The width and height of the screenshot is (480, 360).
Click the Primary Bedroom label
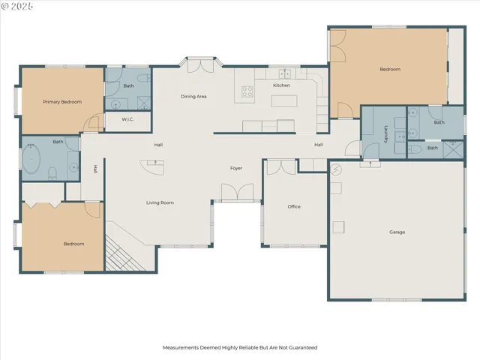[61, 101]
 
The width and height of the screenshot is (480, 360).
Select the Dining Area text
[193, 97]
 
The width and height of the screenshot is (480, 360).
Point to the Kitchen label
[281, 85]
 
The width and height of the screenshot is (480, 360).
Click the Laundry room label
[385, 135]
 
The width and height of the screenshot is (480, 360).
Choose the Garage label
[397, 232]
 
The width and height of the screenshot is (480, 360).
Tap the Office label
[294, 206]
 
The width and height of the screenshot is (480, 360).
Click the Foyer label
[235, 167]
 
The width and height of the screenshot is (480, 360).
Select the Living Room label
[160, 202]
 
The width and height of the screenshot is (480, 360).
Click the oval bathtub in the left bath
[32, 160]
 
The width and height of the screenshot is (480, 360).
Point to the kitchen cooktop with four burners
[247, 92]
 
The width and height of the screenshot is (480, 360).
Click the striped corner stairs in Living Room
[119, 253]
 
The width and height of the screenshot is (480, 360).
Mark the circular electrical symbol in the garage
[337, 169]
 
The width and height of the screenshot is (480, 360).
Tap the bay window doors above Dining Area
[199, 66]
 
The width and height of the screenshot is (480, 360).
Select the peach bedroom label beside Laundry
[389, 69]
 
